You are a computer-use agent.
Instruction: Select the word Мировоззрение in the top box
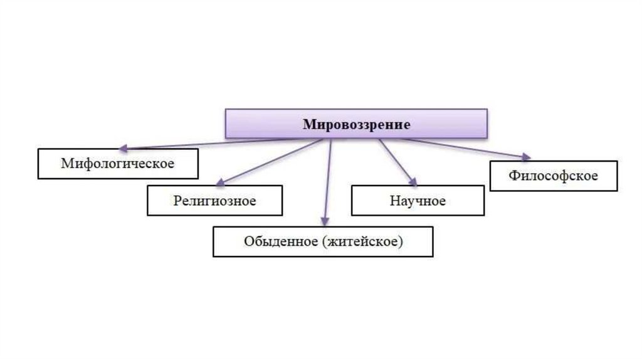pyautogui.click(x=357, y=125)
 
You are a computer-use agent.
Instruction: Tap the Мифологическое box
pyautogui.click(x=118, y=164)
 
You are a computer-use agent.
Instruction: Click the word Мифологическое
pyautogui.click(x=117, y=164)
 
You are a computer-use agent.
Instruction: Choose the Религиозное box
pyautogui.click(x=214, y=201)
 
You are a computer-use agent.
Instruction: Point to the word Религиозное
pyautogui.click(x=214, y=201)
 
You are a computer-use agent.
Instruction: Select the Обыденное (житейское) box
pyautogui.click(x=322, y=241)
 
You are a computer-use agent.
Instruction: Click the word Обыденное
pyautogui.click(x=281, y=241)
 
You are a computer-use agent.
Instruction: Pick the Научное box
pyautogui.click(x=418, y=201)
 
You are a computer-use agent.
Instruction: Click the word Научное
pyautogui.click(x=418, y=201)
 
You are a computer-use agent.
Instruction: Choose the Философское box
pyautogui.click(x=553, y=176)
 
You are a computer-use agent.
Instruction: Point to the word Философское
pyautogui.click(x=553, y=176)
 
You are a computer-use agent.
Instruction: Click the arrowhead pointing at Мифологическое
pyautogui.click(x=124, y=149)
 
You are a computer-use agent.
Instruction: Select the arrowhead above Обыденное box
pyautogui.click(x=324, y=220)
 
